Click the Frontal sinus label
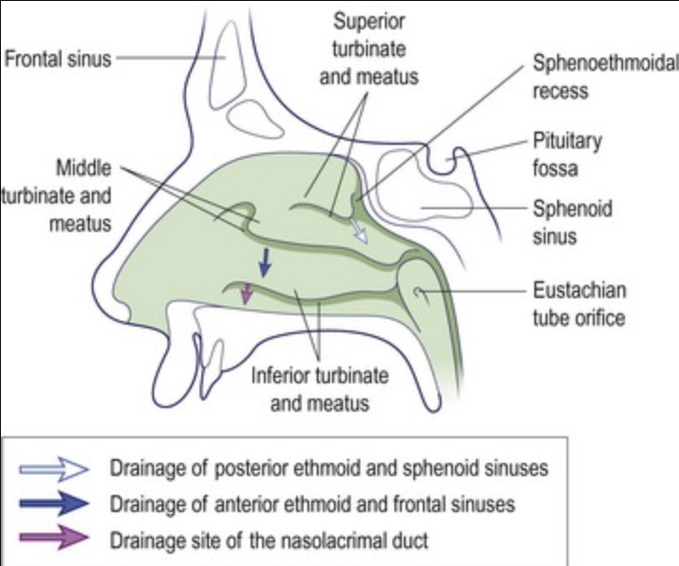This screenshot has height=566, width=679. coord(57,60)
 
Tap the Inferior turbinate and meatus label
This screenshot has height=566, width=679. coord(319,388)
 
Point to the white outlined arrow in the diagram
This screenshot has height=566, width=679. coord(357,230)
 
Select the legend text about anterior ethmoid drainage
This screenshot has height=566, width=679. coord(312,504)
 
